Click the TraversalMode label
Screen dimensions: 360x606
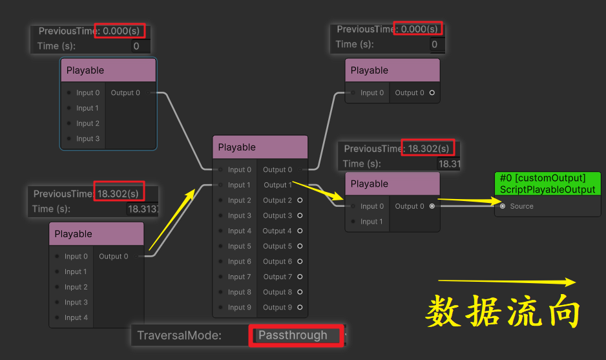coord(179,335)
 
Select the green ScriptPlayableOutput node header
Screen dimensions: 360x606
coord(547,184)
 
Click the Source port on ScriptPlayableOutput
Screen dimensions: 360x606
coord(503,206)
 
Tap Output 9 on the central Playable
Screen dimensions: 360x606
coord(299,308)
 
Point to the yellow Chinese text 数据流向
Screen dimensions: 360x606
coord(503,312)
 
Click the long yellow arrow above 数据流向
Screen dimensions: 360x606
coord(507,282)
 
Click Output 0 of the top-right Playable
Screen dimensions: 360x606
coord(432,93)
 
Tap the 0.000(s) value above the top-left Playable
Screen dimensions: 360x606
coord(120,30)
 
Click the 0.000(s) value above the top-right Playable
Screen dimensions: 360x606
coord(418,29)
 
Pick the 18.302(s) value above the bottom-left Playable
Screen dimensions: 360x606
coord(118,193)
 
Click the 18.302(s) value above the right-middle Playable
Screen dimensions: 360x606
coord(428,149)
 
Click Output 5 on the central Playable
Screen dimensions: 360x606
coord(299,246)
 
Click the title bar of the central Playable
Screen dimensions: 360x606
coord(260,147)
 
